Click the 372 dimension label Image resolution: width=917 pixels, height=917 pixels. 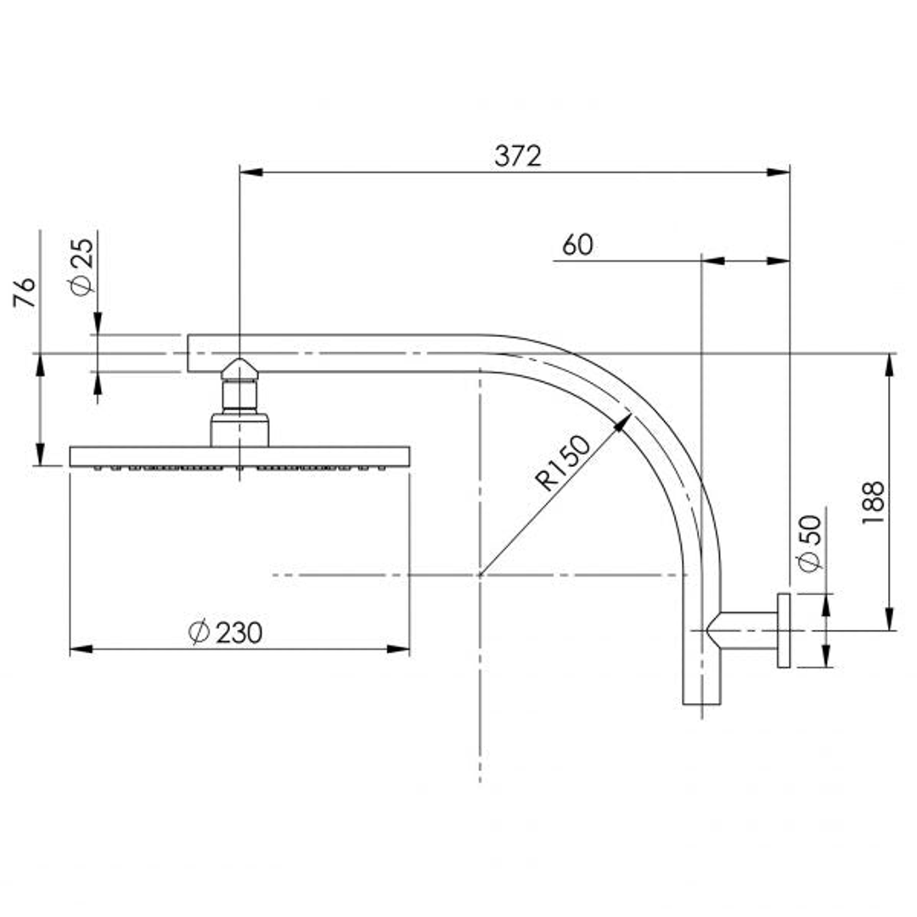517,156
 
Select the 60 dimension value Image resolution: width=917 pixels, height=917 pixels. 577,245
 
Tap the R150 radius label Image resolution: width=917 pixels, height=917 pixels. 563,463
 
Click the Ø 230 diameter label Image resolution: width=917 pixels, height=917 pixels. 226,633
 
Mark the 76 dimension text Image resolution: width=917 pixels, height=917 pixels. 26,292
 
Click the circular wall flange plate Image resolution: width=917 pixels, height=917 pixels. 783,631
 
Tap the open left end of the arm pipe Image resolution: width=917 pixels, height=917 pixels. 189,353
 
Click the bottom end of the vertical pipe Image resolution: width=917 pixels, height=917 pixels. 701,702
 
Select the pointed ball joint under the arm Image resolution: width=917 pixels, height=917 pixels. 239,371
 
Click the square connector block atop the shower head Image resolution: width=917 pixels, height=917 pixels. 239,430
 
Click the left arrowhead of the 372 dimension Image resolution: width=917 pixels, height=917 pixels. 247,172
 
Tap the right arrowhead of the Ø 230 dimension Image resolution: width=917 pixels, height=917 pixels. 403,650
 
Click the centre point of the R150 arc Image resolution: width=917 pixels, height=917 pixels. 480,575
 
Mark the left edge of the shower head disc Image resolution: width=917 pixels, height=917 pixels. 71,456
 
